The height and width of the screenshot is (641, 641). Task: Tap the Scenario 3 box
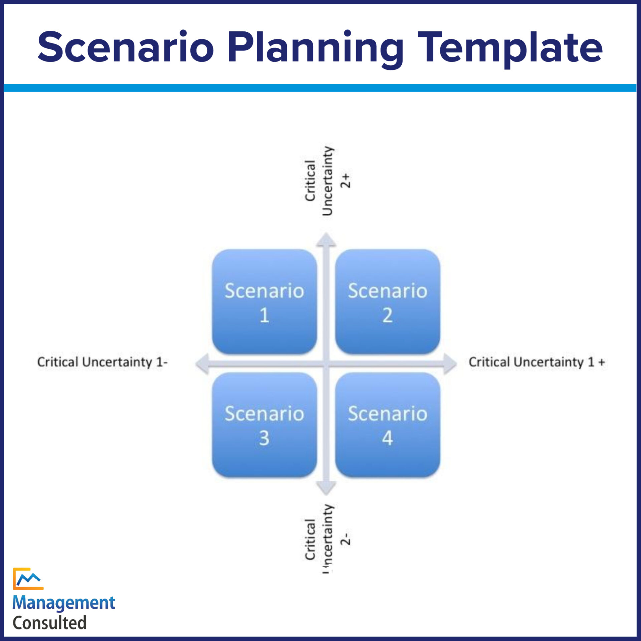pos(264,425)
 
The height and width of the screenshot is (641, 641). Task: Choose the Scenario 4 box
pos(387,425)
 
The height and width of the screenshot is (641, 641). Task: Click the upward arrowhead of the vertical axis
pos(326,240)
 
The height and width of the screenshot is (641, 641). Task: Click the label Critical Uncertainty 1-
pos(102,362)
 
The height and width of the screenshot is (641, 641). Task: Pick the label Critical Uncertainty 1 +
pos(537,362)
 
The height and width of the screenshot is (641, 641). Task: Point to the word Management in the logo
pos(63,603)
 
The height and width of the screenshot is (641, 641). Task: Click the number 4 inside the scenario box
pos(387,438)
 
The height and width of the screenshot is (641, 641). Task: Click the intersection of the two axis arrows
pos(326,364)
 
